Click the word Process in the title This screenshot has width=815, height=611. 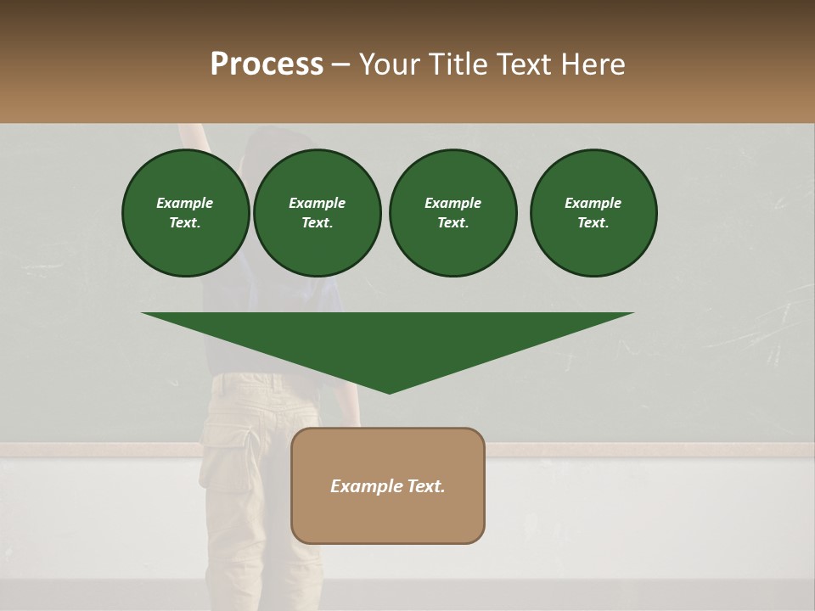pos(267,64)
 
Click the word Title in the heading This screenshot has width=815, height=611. pos(458,64)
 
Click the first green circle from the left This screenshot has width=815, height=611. pos(186,212)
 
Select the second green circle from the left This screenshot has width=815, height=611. pos(318,212)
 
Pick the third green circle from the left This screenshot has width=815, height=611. pos(452,212)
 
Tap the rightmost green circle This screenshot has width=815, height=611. pos(593,212)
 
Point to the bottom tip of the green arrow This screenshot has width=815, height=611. pos(389,392)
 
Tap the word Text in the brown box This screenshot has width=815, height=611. pos(425,486)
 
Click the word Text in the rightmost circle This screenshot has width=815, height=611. pos(593,222)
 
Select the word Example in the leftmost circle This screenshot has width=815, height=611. pos(185,203)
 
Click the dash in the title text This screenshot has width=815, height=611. pos(340,65)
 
